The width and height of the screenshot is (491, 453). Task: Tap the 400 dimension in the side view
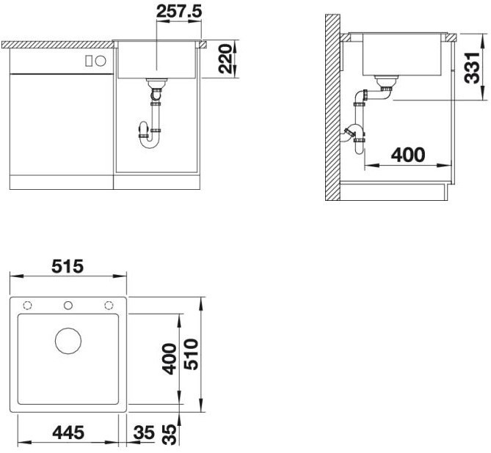pos(407,155)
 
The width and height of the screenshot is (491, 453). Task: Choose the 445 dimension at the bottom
pos(69,432)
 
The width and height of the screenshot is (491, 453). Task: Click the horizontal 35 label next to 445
pos(144,432)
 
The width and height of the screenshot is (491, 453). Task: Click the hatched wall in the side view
pos(333,110)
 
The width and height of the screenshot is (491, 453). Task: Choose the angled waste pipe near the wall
pos(352,136)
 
